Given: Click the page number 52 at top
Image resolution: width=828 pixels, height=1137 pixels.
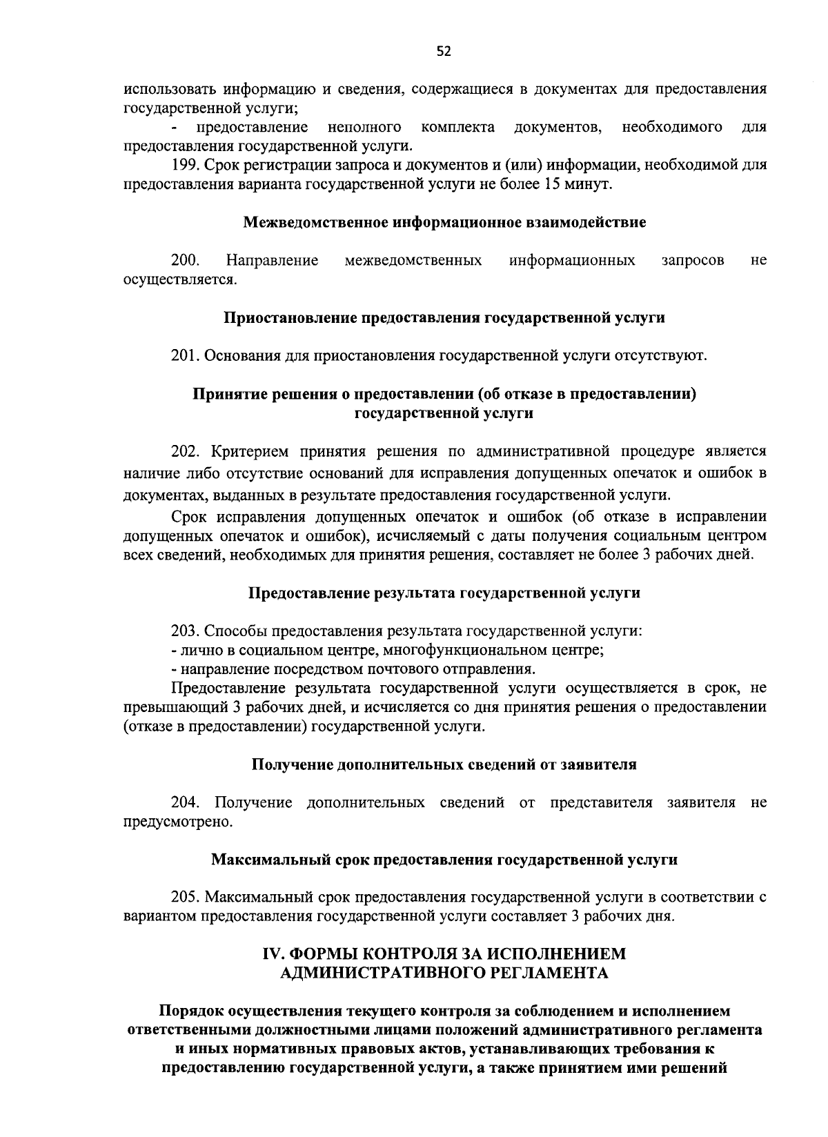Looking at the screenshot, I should [x=444, y=51].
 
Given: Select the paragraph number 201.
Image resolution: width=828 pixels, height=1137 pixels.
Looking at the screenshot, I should [x=184, y=356].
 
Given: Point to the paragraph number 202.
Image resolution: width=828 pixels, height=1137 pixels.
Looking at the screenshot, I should [x=185, y=452].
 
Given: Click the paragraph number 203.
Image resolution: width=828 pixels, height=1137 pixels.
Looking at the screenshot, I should [x=184, y=631].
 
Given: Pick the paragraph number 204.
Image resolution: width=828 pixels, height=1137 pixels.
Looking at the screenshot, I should [x=185, y=803].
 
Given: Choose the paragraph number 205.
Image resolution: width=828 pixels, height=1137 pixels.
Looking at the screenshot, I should [x=184, y=898].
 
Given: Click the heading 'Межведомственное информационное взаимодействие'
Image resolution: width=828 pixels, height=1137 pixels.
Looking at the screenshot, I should [x=444, y=223].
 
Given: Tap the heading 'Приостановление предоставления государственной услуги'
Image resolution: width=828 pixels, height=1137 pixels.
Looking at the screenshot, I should [x=444, y=318].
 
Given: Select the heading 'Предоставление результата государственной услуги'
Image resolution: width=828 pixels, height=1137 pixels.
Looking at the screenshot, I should [x=444, y=593].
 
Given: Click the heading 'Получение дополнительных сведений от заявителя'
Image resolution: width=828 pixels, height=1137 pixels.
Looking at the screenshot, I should [x=444, y=765].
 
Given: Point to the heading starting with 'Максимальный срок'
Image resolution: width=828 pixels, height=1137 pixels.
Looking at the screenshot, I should [x=444, y=860].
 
